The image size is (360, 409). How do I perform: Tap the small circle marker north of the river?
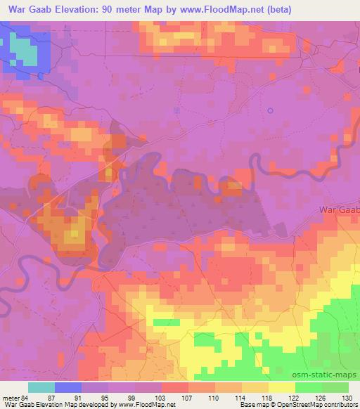(x=271, y=110)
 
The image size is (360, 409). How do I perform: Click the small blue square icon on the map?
(x=176, y=110)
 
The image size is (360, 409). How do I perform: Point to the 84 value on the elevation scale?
(x=25, y=397)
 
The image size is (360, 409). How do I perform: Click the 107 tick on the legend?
(x=188, y=397)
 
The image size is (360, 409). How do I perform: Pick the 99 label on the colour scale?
(x=134, y=397)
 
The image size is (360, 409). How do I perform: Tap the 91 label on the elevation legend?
(x=81, y=397)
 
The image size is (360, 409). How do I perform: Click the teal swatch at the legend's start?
(x=41, y=387)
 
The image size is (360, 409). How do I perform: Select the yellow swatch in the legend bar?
(x=281, y=387)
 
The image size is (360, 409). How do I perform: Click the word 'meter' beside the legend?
(x=11, y=397)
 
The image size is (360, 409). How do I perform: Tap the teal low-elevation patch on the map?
(x=25, y=51)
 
